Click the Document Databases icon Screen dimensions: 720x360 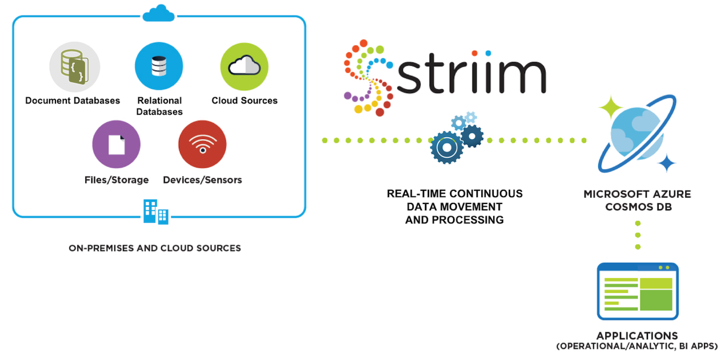pyautogui.click(x=74, y=67)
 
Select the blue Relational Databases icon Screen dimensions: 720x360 pyautogui.click(x=159, y=66)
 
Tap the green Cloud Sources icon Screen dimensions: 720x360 pyautogui.click(x=245, y=67)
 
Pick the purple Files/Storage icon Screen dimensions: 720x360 pyautogui.click(x=117, y=145)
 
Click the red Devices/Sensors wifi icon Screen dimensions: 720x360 pyautogui.click(x=202, y=145)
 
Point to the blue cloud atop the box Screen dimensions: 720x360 pyautogui.click(x=159, y=13)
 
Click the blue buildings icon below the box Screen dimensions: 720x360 pyautogui.click(x=156, y=212)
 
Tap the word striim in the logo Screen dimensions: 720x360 pyautogui.click(x=471, y=73)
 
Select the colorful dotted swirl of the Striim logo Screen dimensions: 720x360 pyautogui.click(x=369, y=78)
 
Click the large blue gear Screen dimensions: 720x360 pyautogui.click(x=446, y=147)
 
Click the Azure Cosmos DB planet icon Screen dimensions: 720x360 pyautogui.click(x=637, y=133)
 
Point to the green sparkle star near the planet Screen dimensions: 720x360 pyautogui.click(x=610, y=107)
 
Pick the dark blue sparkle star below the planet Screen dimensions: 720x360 pyautogui.click(x=666, y=163)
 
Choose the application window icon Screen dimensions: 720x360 pyautogui.click(x=638, y=291)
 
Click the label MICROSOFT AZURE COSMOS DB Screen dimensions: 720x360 pyautogui.click(x=638, y=200)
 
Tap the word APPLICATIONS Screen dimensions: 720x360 pyautogui.click(x=637, y=336)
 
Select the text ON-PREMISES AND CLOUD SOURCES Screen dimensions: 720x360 pyautogui.click(x=155, y=248)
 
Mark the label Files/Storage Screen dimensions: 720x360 pyautogui.click(x=117, y=179)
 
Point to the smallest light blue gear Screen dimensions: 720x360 pyautogui.click(x=471, y=117)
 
